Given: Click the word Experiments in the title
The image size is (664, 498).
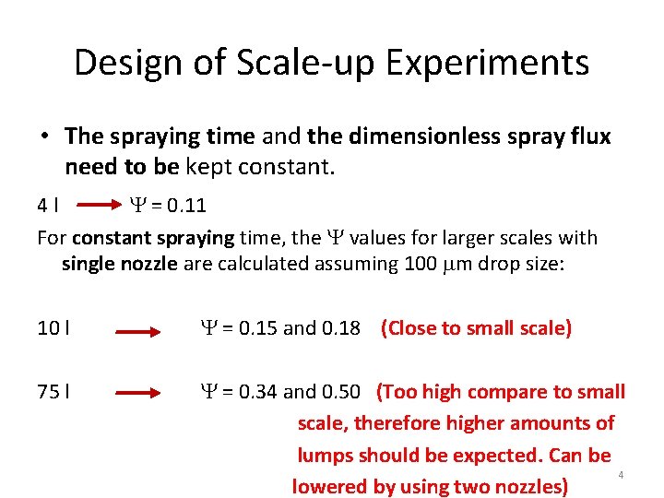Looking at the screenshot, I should tap(488, 64).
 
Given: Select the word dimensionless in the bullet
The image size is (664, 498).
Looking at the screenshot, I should tap(407, 136).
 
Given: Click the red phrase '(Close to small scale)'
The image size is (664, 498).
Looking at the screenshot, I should tap(476, 328).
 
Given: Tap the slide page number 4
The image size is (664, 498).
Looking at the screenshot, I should tap(621, 475).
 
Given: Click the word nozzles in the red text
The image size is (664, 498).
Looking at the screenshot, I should tap(525, 486).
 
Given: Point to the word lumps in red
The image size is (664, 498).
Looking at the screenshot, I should tap(325, 455).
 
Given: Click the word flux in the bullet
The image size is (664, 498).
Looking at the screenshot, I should tap(589, 136).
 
